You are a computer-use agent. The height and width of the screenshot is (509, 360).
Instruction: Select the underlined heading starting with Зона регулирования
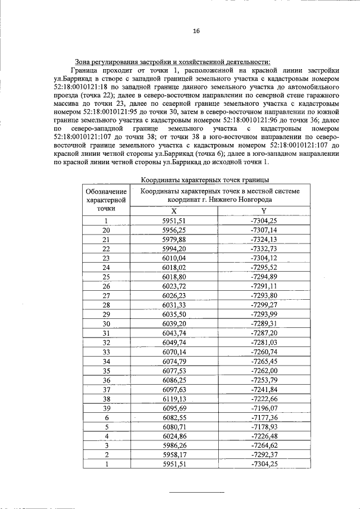[173, 62]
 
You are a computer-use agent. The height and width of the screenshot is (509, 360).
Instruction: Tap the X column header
[173, 210]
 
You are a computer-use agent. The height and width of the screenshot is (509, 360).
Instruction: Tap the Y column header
[264, 210]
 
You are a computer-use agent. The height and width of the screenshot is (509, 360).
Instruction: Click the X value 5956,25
[173, 230]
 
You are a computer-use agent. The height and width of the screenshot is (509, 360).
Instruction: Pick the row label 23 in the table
[106, 258]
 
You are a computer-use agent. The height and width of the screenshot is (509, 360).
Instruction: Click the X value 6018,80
[173, 277]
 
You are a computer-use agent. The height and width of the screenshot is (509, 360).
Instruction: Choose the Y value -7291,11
[264, 286]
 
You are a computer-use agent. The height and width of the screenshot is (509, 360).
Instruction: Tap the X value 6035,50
[173, 314]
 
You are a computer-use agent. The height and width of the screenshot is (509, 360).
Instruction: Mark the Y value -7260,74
[264, 352]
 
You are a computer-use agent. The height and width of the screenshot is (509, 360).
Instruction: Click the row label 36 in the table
[106, 380]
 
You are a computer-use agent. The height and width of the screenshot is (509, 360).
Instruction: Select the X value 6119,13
[173, 398]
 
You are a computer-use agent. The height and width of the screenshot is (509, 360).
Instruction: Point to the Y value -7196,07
[264, 408]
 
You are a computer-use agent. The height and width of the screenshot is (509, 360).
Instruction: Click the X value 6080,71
[173, 426]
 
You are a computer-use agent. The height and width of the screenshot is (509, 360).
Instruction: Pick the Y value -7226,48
[264, 436]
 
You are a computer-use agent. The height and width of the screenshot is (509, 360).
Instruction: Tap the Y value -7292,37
[264, 454]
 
